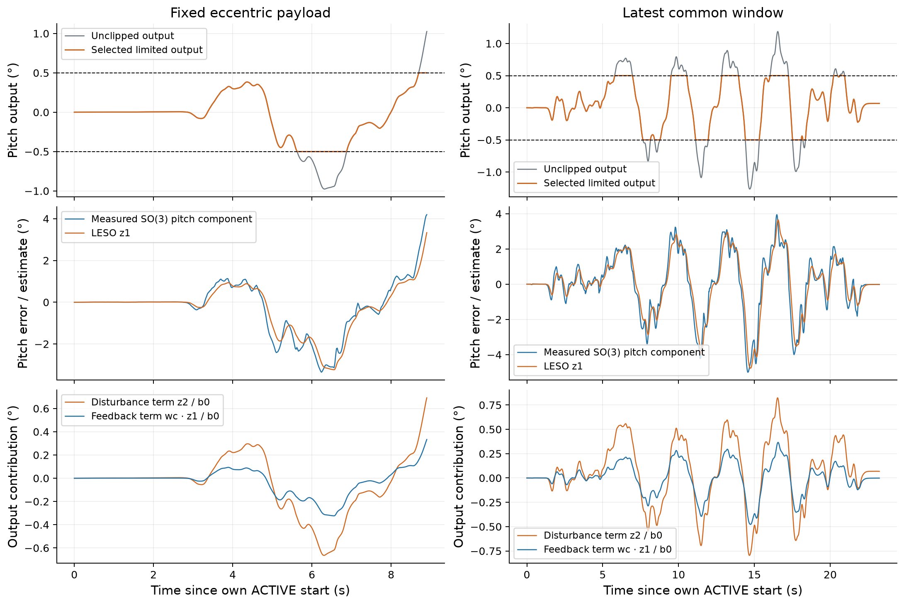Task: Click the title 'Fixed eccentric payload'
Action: (x=250, y=13)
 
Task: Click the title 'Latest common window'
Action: (x=703, y=13)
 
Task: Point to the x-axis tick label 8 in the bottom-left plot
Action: (x=391, y=575)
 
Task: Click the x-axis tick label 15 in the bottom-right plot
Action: (x=754, y=575)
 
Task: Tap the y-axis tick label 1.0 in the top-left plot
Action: (x=41, y=34)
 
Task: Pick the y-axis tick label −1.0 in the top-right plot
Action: (x=489, y=172)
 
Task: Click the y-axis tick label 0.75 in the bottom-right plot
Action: (x=491, y=405)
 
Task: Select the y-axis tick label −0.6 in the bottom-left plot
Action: (x=37, y=548)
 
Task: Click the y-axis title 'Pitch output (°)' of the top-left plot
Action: (x=13, y=110)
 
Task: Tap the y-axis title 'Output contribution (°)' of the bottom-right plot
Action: (x=459, y=477)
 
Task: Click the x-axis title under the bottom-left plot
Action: (x=250, y=590)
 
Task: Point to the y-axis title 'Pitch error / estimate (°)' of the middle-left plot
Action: (x=23, y=293)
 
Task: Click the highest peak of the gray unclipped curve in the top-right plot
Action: (x=778, y=31)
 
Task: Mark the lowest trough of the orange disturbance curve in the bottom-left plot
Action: (x=324, y=555)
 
